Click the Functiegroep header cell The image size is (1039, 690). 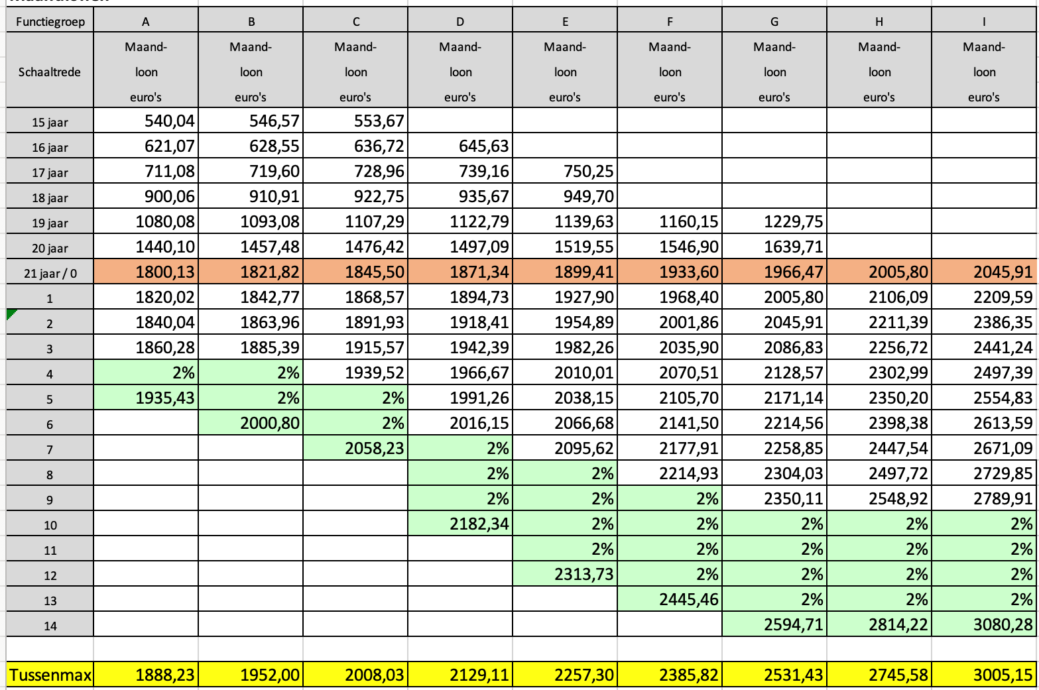pos(50,22)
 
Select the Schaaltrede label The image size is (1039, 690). pos(50,72)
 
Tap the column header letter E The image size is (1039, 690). pos(565,22)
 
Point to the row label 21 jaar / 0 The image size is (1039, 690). pos(50,273)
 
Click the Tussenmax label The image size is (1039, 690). pos(50,675)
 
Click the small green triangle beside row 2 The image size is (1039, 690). pos(11,314)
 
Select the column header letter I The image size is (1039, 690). pos(984,22)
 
